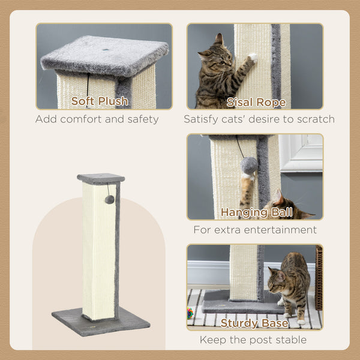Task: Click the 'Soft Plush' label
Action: [x=100, y=101]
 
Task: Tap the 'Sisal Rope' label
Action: [x=255, y=101]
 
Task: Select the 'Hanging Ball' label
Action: [x=256, y=212]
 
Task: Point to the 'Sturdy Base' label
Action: [x=255, y=323]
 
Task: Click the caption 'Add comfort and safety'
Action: [x=97, y=119]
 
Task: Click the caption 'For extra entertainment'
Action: [x=254, y=230]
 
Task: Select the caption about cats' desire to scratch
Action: [x=259, y=119]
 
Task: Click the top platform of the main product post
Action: [x=101, y=178]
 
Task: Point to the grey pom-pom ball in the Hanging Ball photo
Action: [x=249, y=165]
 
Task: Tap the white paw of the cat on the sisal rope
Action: [x=253, y=58]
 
